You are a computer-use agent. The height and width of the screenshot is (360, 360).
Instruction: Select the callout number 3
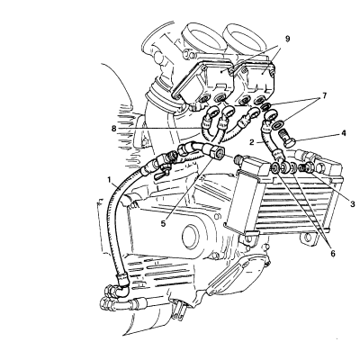[x=352, y=204]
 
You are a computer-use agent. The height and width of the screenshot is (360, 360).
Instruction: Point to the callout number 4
[x=344, y=133]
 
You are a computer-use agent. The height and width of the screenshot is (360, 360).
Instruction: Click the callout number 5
[x=163, y=224]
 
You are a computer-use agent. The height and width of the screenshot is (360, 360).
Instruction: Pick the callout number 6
[x=333, y=254]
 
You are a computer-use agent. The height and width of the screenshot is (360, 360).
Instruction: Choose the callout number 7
[x=324, y=95]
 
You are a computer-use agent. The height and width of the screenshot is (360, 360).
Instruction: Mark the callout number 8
[x=113, y=129]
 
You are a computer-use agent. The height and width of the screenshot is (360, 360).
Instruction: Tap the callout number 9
[x=288, y=39]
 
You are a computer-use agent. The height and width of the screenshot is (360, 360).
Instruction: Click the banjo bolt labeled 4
[x=287, y=138]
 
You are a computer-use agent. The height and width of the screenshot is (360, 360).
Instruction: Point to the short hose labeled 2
[x=269, y=140]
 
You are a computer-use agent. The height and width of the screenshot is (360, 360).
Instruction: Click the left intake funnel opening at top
[x=202, y=35]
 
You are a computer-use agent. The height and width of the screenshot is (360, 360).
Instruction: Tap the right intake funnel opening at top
[x=246, y=35]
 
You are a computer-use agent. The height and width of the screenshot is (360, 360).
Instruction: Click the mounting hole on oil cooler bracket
[x=307, y=238]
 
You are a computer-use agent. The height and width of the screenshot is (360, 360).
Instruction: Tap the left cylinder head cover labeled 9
[x=204, y=83]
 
